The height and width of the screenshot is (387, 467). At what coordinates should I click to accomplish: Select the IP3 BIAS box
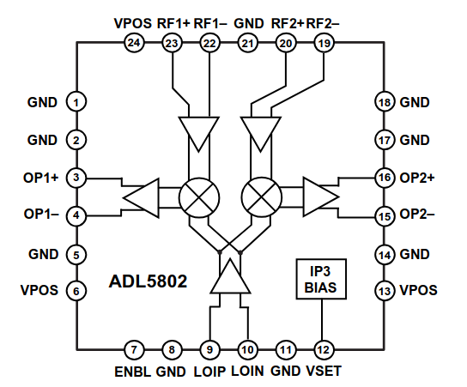tap(321, 279)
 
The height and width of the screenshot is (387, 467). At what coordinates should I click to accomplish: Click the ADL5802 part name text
tap(148, 281)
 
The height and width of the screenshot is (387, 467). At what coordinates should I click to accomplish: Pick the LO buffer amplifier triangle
tap(230, 276)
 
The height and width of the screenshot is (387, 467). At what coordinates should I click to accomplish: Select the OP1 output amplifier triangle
tap(141, 197)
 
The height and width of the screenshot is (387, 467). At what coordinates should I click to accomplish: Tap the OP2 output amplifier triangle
tap(321, 197)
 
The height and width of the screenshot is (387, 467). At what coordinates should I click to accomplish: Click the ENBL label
tap(133, 372)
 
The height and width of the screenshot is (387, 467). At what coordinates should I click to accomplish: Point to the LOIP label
tap(209, 372)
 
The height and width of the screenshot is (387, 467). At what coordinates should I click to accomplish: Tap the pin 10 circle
tap(248, 349)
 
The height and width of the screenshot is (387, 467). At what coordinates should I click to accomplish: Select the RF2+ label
tap(288, 23)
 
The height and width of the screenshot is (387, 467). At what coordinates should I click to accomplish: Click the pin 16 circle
tap(385, 178)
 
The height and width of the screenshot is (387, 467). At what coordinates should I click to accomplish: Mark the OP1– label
tap(41, 214)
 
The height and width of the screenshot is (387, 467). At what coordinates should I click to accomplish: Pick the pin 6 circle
tap(76, 291)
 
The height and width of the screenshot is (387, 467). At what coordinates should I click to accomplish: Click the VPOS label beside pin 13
tap(418, 290)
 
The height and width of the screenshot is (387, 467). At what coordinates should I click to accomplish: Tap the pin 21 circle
tap(248, 43)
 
